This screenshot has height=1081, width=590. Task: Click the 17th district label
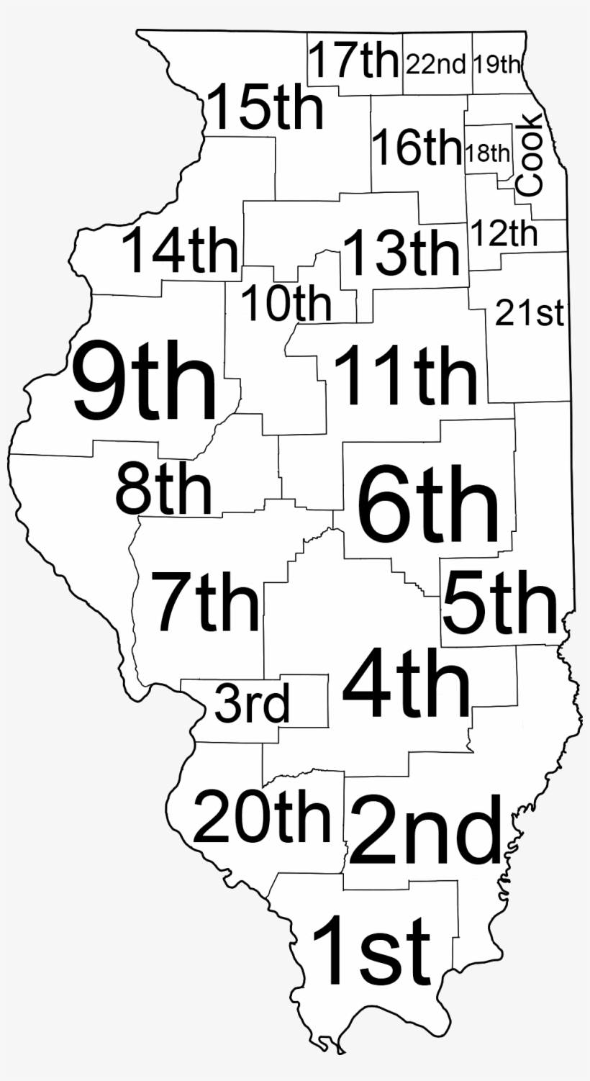click(353, 62)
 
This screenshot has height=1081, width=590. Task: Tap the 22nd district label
click(436, 65)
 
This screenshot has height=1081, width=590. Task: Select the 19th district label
click(496, 65)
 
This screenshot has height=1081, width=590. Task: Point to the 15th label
click(265, 108)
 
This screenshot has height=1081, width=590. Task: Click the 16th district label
click(416, 148)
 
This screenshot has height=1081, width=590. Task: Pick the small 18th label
click(488, 153)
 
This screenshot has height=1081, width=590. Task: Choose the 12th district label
click(504, 233)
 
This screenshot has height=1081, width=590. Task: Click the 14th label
click(179, 250)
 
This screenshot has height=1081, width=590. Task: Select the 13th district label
click(401, 253)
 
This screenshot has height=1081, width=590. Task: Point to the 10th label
click(286, 304)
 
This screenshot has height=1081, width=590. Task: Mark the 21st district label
click(530, 314)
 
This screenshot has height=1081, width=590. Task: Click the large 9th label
click(145, 381)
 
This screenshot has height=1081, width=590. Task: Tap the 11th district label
click(405, 375)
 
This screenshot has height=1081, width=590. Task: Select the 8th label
click(164, 489)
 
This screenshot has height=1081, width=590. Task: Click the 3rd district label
click(252, 705)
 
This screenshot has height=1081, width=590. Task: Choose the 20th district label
click(262, 817)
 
